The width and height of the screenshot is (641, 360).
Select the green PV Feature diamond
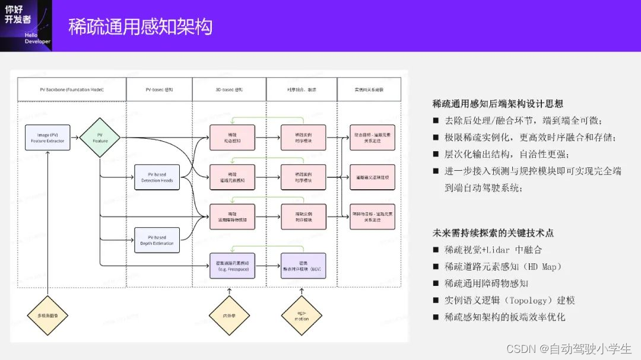pos(100,138)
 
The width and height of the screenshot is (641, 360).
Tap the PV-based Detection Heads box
pos(157,177)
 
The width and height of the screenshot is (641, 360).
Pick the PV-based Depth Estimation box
pos(157,240)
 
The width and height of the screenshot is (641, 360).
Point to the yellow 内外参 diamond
pos(229,315)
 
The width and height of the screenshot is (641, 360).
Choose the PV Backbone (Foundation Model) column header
pos(72,89)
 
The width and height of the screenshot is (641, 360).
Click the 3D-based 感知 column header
pos(229,89)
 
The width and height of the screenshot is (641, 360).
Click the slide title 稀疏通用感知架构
pos(140,27)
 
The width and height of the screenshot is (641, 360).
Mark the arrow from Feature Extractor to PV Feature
pos(74,138)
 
